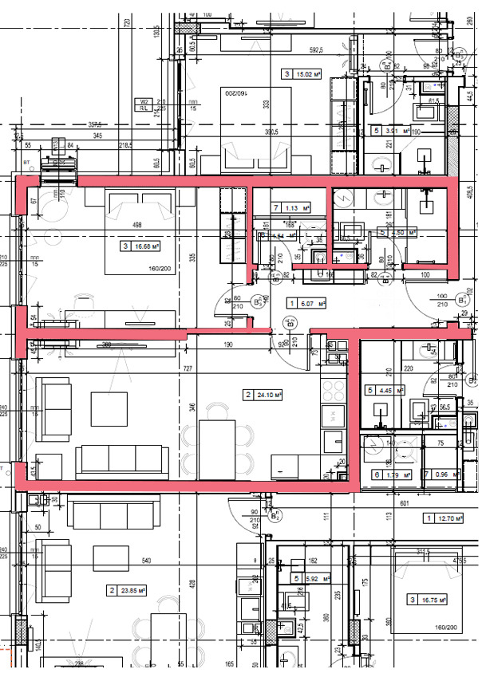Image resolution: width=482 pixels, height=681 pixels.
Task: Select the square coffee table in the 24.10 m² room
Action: [109, 409]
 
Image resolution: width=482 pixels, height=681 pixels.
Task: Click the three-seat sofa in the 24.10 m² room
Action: [122, 461]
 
